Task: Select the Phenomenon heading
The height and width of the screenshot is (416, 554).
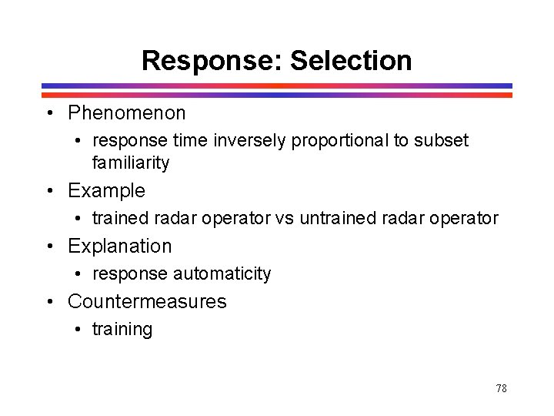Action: tap(127, 113)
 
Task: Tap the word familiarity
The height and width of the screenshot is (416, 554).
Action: tap(131, 163)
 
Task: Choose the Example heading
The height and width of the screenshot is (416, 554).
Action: tap(106, 190)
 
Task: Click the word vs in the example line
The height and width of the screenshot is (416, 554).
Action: tap(284, 218)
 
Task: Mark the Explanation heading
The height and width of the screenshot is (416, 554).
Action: tap(120, 246)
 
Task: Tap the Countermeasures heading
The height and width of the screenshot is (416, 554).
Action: tap(147, 301)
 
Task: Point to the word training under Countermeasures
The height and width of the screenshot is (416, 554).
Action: tap(122, 329)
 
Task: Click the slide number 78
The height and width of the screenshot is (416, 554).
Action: tap(501, 388)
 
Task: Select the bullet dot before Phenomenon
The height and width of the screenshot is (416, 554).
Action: tap(48, 114)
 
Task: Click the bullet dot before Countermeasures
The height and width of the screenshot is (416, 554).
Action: tap(48, 302)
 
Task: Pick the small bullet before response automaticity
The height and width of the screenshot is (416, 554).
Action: tap(79, 274)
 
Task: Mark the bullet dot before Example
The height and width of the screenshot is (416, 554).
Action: tap(48, 191)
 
